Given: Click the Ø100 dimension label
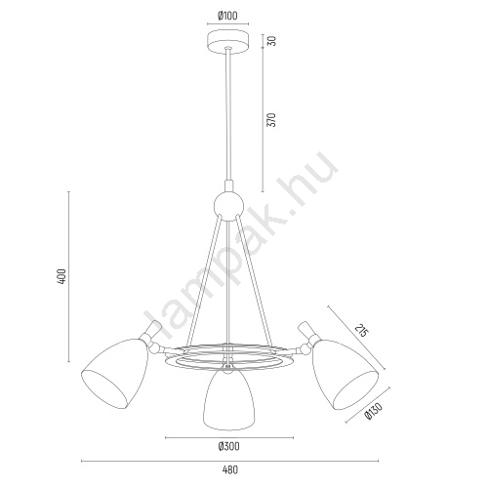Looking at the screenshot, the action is [228, 15].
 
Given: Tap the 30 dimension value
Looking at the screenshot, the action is [272, 41].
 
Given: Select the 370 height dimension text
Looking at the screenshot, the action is [272, 119].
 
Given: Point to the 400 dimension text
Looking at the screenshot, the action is [61, 277].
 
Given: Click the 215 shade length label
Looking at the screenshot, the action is [362, 332].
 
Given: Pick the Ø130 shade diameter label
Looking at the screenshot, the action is [373, 410].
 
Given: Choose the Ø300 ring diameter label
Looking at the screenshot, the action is [228, 446].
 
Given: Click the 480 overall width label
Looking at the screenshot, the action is [230, 469].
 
